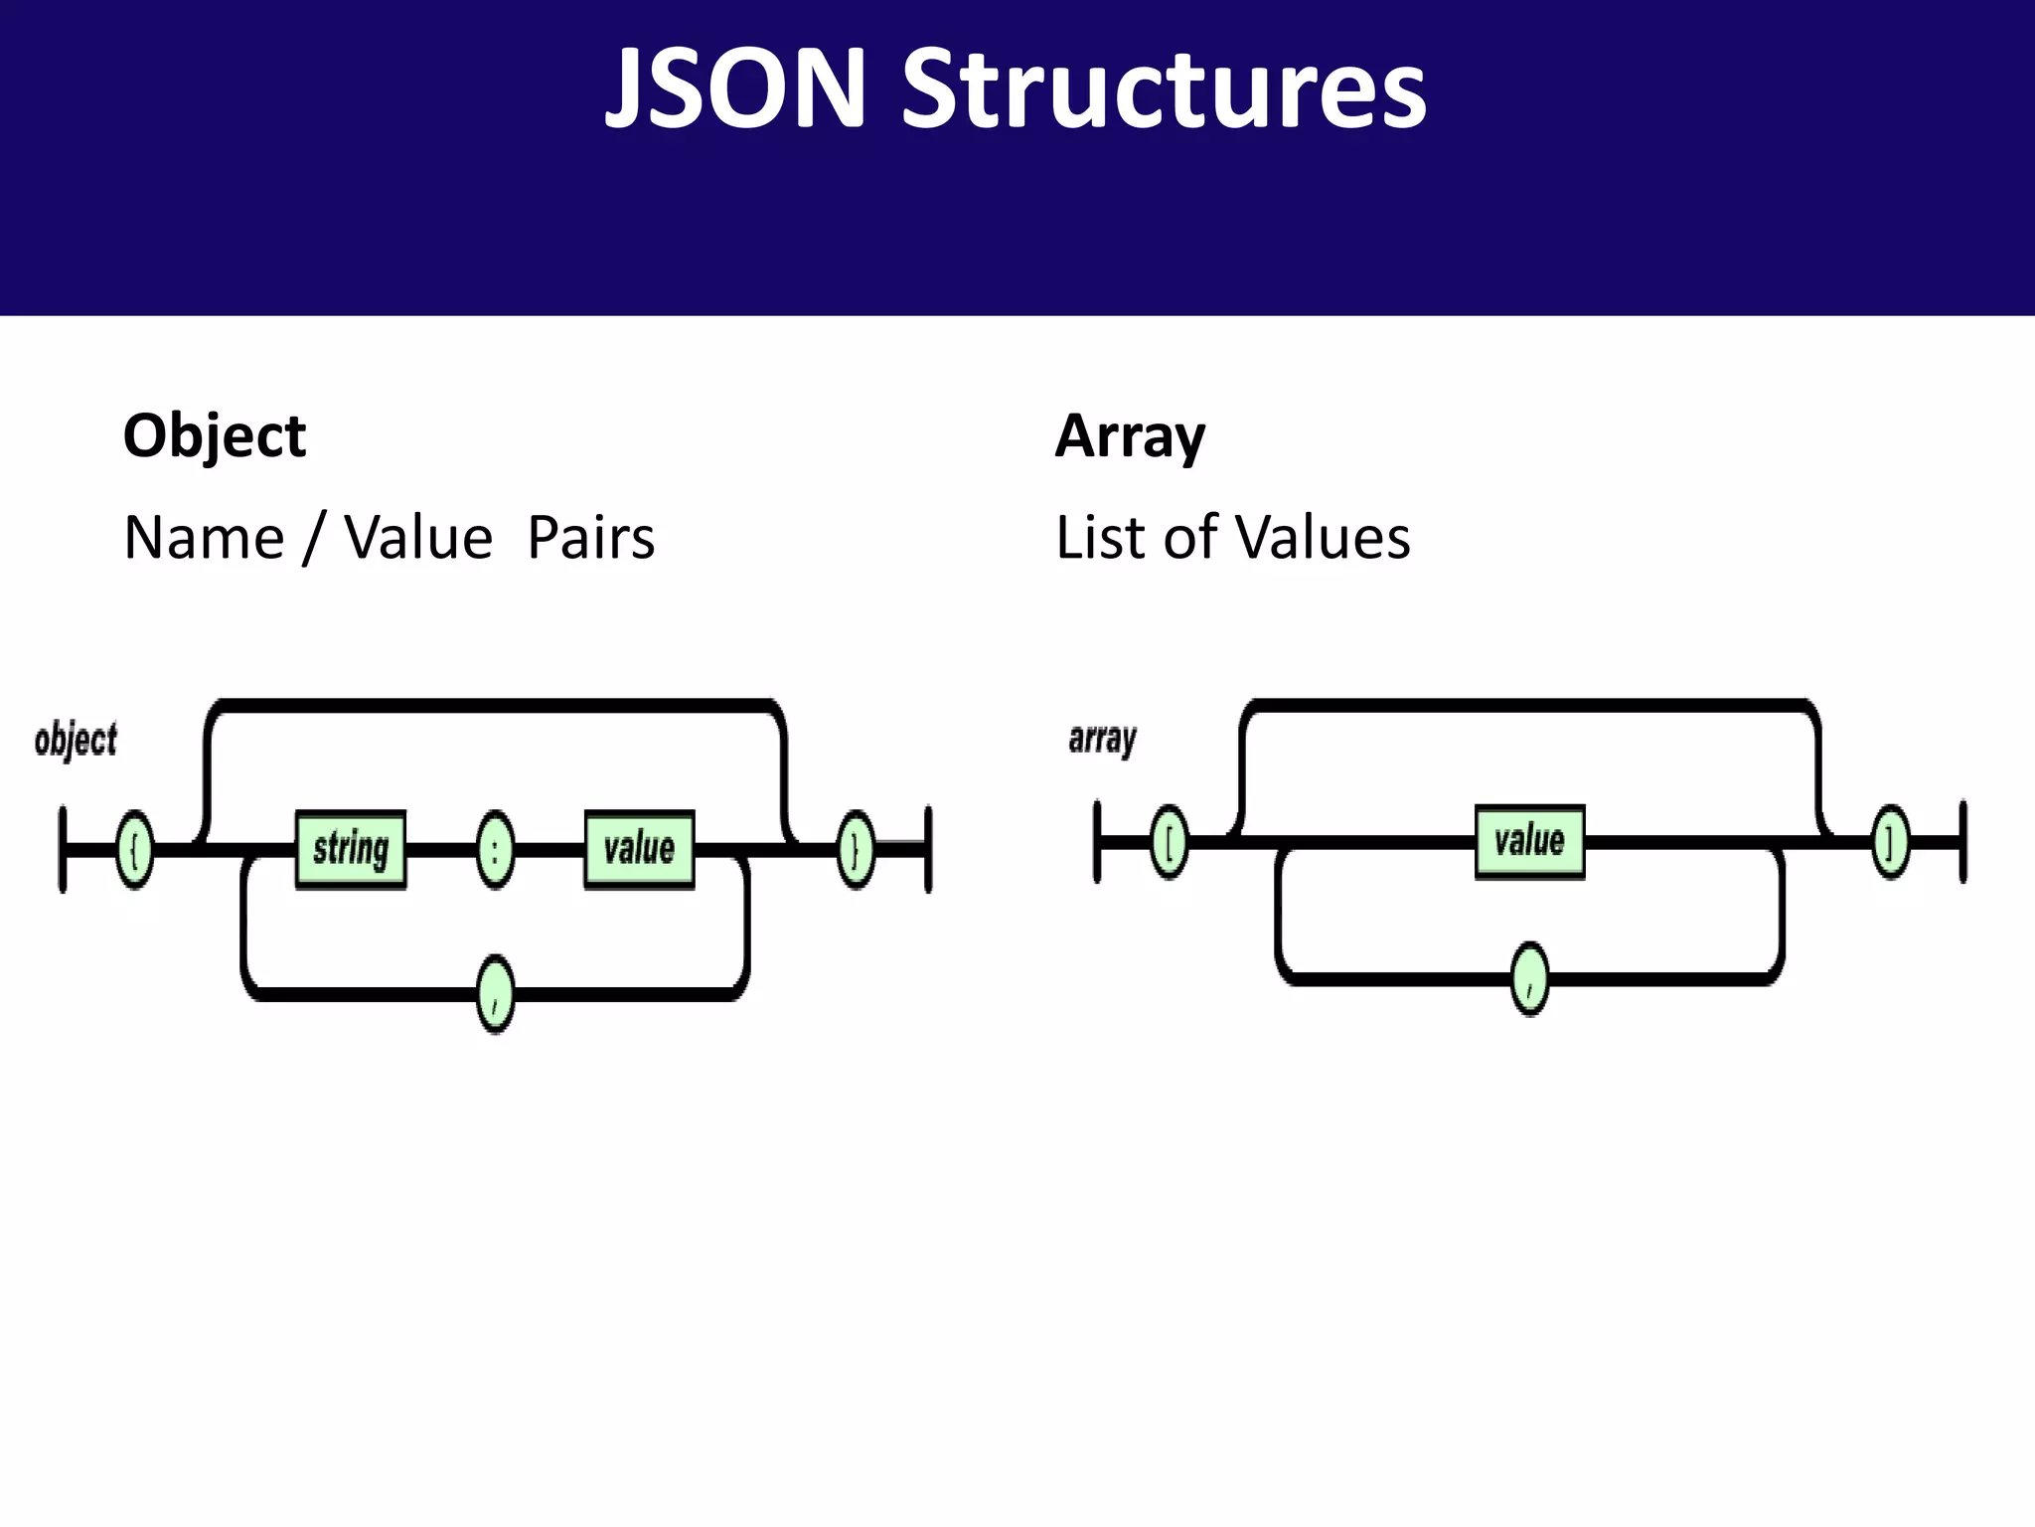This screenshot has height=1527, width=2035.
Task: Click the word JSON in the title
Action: click(736, 89)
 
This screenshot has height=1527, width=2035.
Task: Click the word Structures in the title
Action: click(1164, 89)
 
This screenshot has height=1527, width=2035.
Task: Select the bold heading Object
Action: click(215, 436)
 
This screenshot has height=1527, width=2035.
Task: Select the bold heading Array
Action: click(1130, 436)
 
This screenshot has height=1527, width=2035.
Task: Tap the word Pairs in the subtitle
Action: click(590, 538)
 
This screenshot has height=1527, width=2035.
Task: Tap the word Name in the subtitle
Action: click(204, 538)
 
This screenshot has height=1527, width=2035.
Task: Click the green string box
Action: click(351, 849)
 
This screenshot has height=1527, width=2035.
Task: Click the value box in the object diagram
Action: click(639, 849)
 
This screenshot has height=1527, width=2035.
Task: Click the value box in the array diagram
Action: click(1529, 842)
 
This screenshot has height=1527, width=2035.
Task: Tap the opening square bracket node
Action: click(1169, 843)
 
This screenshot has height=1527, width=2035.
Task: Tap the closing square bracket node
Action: click(1891, 843)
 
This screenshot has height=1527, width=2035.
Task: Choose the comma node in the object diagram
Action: click(496, 993)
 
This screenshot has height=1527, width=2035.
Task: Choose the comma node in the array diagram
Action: click(1530, 979)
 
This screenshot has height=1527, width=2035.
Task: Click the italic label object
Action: click(76, 741)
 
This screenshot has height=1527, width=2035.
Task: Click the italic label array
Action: click(1102, 739)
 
